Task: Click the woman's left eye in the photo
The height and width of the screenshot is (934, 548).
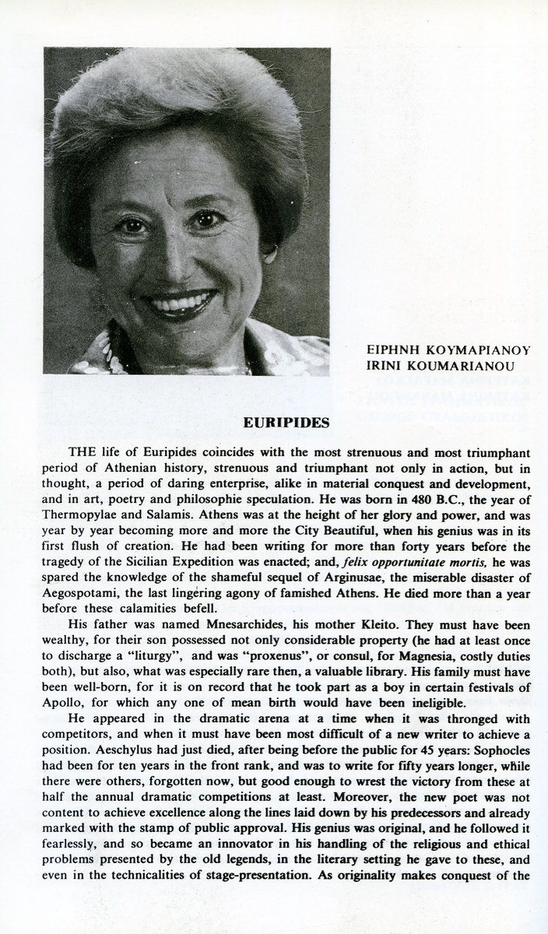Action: click(206, 219)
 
